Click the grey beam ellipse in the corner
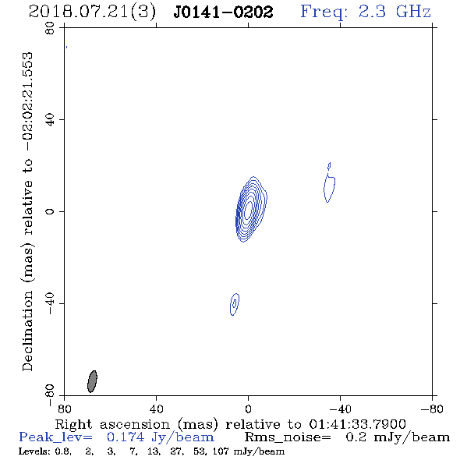coord(92,381)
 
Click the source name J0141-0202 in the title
coord(223,12)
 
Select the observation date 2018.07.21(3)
coord(92,12)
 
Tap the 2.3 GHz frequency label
coord(395,12)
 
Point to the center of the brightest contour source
coord(249,210)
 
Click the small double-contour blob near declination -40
coord(235,304)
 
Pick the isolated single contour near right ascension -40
coord(330,188)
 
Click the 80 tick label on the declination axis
coord(50,28)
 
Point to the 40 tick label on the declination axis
coord(50,120)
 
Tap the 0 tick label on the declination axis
coord(50,211)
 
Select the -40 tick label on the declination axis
coord(50,303)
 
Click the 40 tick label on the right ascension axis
coord(157,409)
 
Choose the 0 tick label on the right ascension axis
coord(248,409)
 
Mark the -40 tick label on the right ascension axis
coord(340,409)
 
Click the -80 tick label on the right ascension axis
coord(432,409)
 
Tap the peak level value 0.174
coord(126,437)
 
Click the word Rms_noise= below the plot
coord(288,437)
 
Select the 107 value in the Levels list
coord(221,451)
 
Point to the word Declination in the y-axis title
coord(27,331)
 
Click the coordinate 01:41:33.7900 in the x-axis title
coord(357,424)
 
